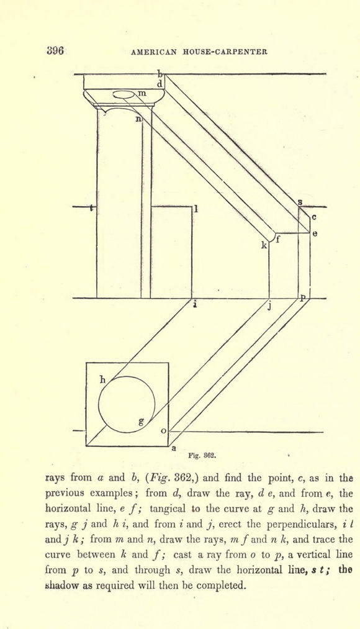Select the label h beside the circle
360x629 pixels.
102,379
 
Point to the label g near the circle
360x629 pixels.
141,421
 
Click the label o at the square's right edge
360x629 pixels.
163,431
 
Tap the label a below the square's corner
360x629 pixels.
174,448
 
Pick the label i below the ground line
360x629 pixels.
195,304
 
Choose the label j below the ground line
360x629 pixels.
270,307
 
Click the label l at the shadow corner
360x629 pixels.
196,209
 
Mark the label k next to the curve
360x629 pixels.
264,246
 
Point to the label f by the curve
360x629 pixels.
277,240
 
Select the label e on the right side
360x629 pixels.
315,233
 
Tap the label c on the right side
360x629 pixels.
314,217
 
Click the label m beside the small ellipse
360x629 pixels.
142,93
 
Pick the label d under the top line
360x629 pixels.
160,84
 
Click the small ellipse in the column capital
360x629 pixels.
124,94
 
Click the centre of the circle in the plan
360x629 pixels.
127,404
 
